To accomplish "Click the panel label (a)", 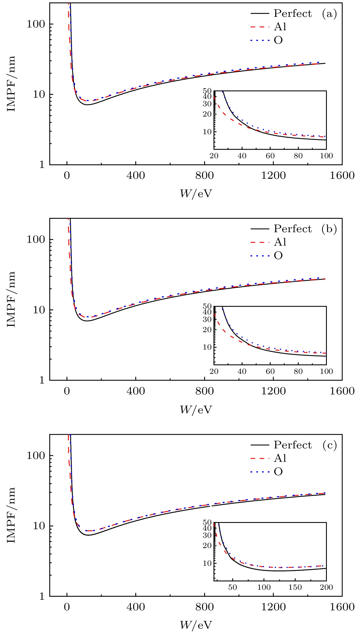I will [329, 13].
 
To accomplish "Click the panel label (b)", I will [329, 229].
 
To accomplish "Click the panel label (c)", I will [330, 445].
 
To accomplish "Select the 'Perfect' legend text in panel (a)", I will [293, 13].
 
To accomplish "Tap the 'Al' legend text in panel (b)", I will [280, 242].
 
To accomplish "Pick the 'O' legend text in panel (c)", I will [278, 472].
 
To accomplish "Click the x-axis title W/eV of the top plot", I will [196, 193].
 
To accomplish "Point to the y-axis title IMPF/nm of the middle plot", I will [11, 299].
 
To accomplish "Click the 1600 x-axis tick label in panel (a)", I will [342, 175].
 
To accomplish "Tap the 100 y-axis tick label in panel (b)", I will [36, 239].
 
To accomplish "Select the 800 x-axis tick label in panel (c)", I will [204, 607].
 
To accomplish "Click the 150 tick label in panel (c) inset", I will [295, 587].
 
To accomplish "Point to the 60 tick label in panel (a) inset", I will [270, 156].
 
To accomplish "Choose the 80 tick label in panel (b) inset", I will [298, 371].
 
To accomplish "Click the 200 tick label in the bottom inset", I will [326, 587].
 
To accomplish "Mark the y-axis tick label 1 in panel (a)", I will [42, 164].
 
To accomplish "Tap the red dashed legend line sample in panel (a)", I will [260, 27].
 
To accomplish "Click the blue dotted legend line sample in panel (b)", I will [260, 256].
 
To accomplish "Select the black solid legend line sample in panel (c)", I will [260, 445].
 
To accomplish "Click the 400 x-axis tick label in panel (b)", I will [135, 391].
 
